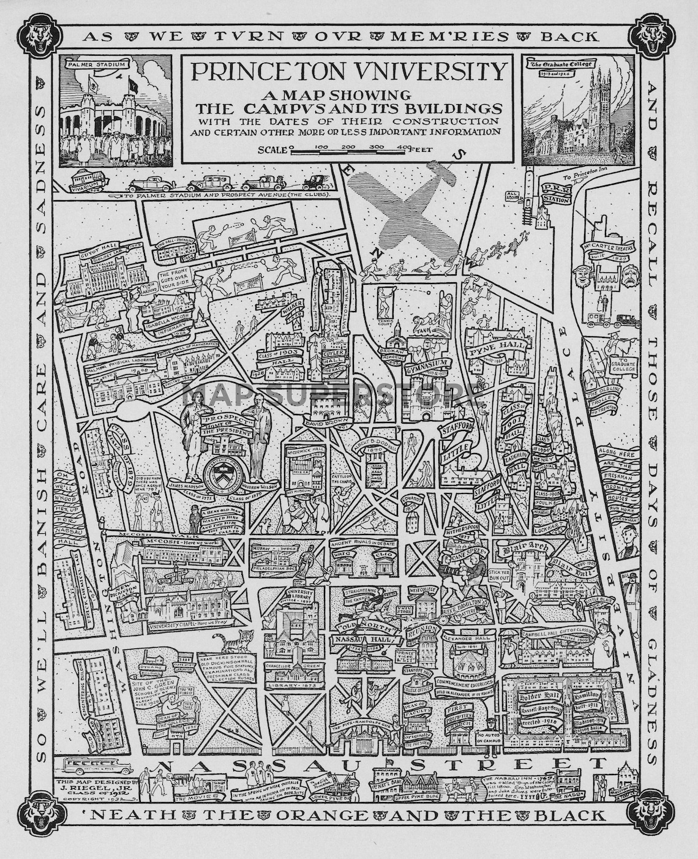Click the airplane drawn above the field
tap(422, 205)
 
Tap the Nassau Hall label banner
tap(364, 641)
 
